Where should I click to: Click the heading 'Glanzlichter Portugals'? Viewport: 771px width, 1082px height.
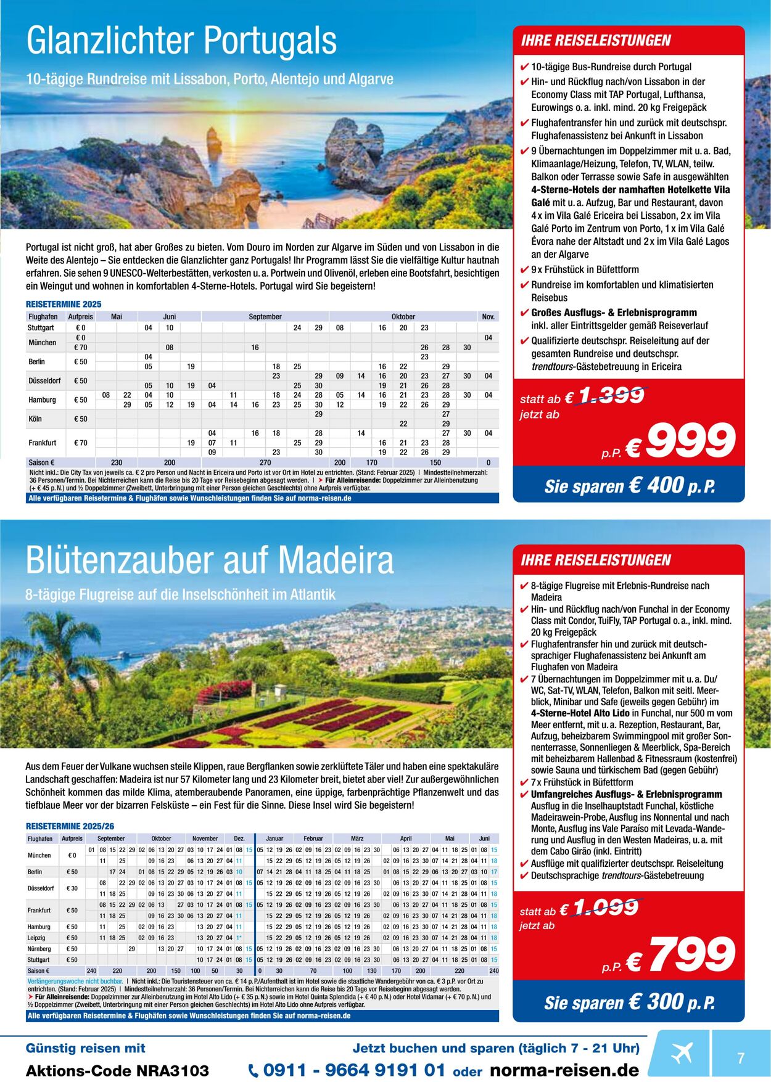pos(181,41)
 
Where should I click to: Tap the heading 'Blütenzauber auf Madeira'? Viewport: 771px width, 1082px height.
pos(210,560)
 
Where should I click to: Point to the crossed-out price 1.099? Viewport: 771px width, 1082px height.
pos(607,908)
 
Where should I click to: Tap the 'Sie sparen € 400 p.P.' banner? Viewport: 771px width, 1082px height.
pos(629,486)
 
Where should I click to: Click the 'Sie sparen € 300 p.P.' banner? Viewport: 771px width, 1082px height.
pos(629,1002)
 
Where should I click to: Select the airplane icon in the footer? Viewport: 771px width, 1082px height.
pos(681,1052)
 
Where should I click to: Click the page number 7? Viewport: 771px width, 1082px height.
pos(741,1058)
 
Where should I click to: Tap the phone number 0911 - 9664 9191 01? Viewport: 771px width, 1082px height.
pos(353,1070)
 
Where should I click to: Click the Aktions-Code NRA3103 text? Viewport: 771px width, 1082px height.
pos(117,1071)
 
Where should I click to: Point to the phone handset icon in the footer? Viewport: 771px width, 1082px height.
pos(254,1071)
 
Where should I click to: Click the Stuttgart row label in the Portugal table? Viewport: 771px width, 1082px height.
pos(41,328)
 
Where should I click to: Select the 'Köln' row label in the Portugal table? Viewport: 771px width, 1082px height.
pos(35,419)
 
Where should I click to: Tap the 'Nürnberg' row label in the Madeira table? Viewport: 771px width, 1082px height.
pos(40,949)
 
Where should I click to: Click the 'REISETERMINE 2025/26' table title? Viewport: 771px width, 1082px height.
pos(70,826)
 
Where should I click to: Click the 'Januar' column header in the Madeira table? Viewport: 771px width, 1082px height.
pos(274,838)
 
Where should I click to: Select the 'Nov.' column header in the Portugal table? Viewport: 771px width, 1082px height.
pos(488,317)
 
